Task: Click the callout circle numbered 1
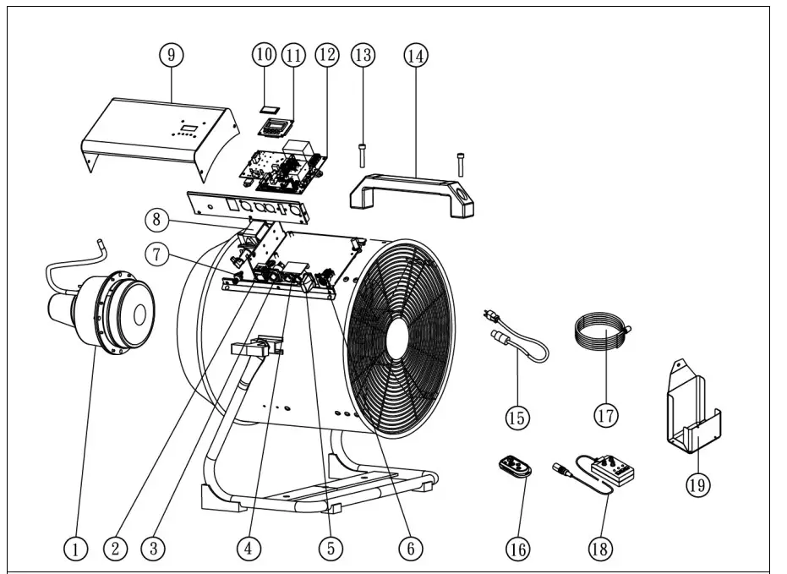point(75,548)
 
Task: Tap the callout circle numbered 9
point(172,55)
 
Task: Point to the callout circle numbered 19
point(698,484)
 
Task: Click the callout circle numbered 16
point(517,548)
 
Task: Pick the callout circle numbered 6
point(410,548)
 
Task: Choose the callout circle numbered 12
point(326,55)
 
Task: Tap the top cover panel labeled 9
point(161,135)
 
